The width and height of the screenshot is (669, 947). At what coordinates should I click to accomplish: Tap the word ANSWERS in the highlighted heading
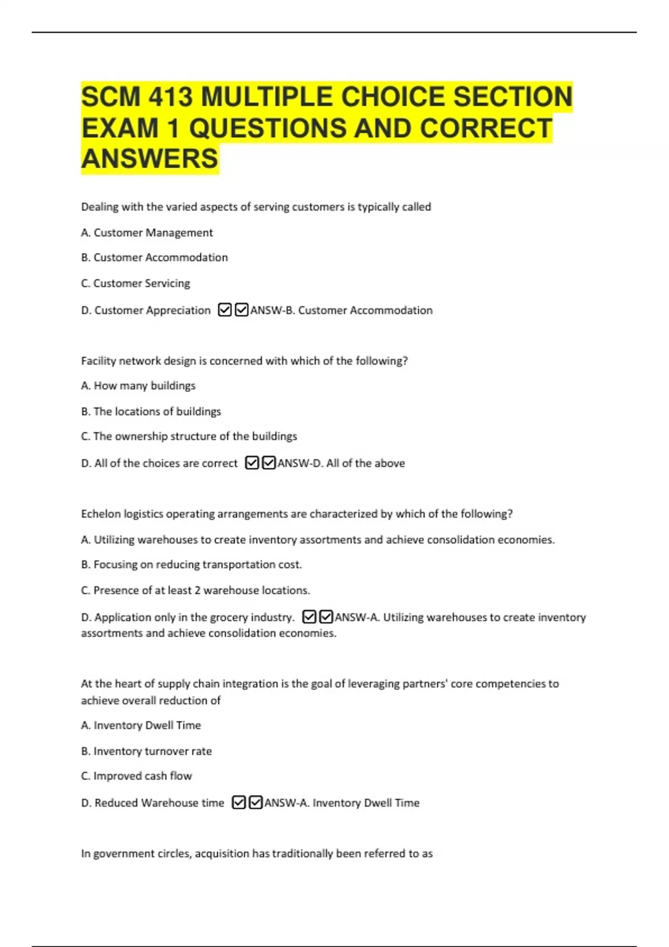149,159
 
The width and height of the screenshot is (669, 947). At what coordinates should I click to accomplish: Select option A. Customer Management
147,233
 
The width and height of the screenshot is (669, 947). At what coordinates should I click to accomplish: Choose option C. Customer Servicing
135,284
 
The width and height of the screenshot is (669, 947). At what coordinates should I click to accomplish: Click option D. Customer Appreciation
146,310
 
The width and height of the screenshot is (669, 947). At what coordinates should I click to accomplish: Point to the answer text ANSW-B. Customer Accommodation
341,310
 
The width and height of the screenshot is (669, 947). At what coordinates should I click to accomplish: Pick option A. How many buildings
138,385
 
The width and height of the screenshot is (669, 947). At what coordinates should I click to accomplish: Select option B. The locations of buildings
151,412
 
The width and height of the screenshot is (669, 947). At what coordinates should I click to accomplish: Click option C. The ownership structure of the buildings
189,436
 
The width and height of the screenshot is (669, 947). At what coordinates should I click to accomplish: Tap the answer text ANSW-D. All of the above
341,463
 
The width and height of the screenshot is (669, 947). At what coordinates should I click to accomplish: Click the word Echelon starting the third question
101,514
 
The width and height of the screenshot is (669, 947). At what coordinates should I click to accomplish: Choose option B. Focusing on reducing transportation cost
191,565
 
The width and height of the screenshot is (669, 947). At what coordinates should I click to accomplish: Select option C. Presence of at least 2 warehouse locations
195,590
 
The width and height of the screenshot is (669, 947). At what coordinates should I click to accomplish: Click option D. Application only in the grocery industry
187,617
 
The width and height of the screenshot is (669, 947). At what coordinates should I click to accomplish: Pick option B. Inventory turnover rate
146,751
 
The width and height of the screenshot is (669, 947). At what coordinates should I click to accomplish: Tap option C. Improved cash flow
136,776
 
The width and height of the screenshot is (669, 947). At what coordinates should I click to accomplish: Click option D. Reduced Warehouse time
152,803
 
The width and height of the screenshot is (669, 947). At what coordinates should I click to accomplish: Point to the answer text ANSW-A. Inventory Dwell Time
342,803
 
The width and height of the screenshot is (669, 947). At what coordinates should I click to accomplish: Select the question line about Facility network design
244,361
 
